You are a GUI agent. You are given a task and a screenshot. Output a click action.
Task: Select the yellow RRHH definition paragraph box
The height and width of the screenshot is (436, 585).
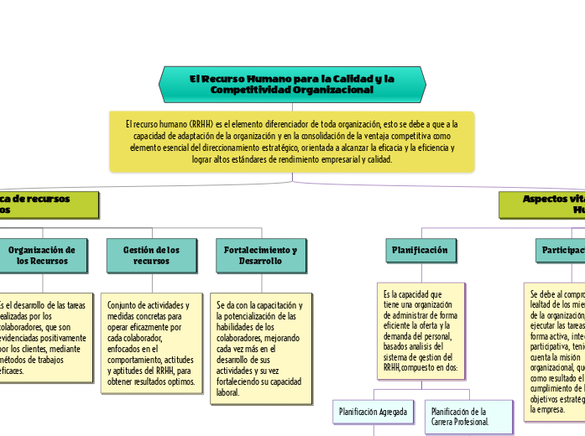pyautogui.click(x=292, y=142)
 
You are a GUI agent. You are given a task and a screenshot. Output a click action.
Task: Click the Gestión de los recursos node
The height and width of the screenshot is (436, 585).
pyautogui.click(x=151, y=256)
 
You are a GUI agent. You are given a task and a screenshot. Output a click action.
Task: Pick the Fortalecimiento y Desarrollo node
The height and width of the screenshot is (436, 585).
pyautogui.click(x=261, y=256)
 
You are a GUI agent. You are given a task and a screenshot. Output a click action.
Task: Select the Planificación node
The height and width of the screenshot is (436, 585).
pyautogui.click(x=420, y=250)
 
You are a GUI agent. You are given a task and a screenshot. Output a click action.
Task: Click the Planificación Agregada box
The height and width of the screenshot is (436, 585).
pyautogui.click(x=373, y=412)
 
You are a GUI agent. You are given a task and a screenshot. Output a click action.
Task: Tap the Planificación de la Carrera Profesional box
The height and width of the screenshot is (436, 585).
pyautogui.click(x=467, y=417)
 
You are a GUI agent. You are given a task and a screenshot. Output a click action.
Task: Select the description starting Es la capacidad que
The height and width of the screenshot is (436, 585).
pyautogui.click(x=420, y=330)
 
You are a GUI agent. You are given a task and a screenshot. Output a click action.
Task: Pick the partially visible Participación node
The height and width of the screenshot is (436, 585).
pyautogui.click(x=561, y=250)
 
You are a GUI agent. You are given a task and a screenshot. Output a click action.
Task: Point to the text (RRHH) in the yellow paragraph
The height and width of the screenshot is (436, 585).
pyautogui.click(x=201, y=124)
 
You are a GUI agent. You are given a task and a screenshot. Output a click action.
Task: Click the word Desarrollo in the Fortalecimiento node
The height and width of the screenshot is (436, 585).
pyautogui.click(x=261, y=262)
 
